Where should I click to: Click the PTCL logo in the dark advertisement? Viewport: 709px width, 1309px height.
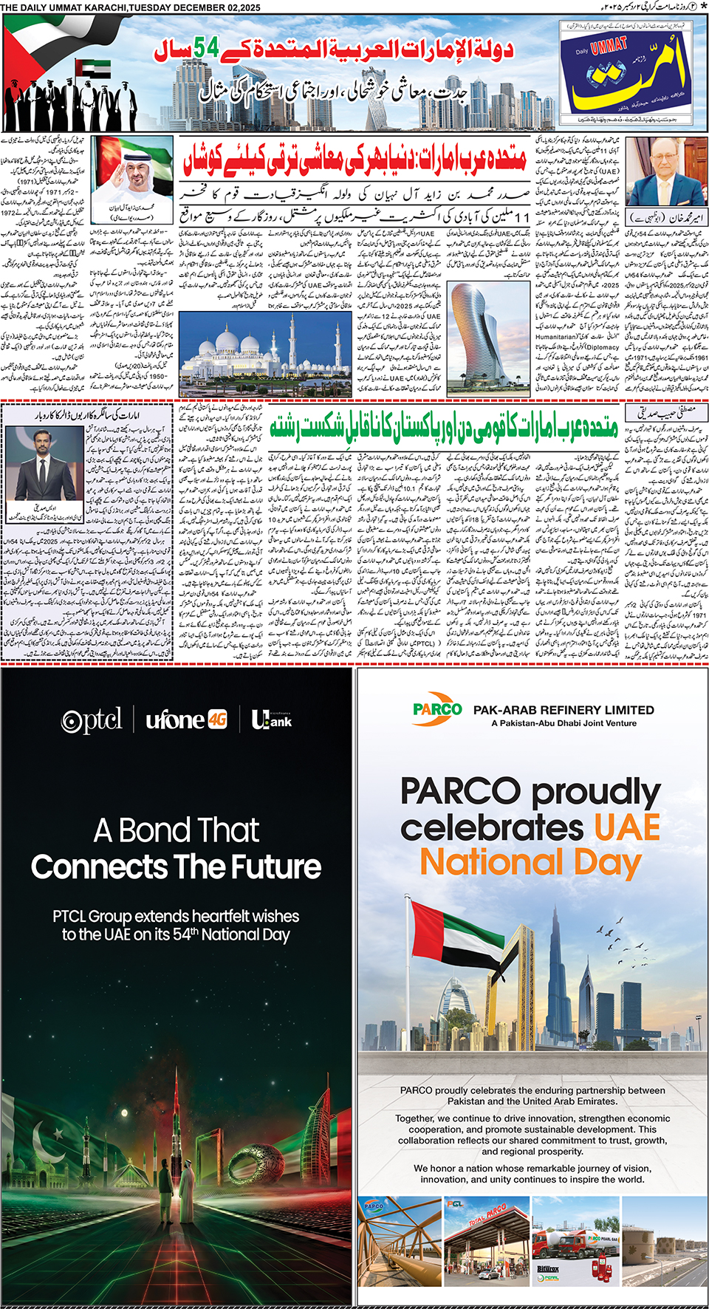(x=92, y=720)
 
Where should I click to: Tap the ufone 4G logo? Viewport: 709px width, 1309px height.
(x=186, y=720)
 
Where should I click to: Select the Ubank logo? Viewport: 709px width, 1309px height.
(x=271, y=720)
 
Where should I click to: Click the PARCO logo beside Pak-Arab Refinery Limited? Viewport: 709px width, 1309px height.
(x=437, y=709)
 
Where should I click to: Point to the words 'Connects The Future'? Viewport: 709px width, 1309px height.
(x=176, y=867)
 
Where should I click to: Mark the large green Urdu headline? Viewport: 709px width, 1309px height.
(x=443, y=425)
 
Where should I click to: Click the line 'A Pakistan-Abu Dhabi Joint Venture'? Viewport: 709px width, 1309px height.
(x=564, y=723)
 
